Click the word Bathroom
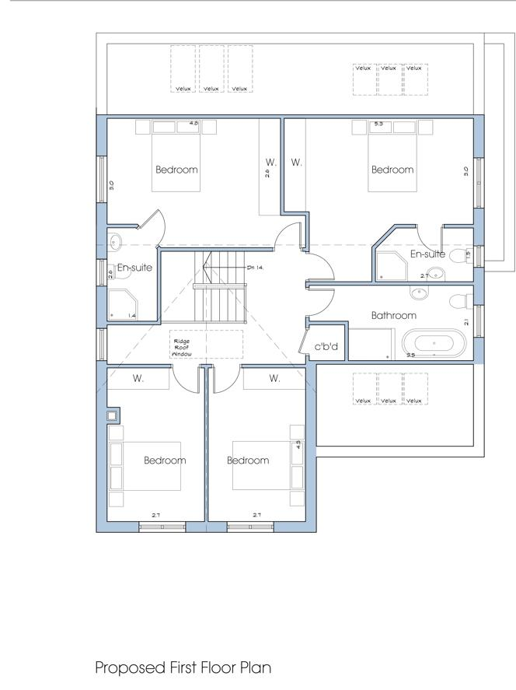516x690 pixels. click(x=393, y=315)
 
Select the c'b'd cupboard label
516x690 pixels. click(x=326, y=346)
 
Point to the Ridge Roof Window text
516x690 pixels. click(x=181, y=347)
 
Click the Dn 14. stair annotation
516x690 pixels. click(x=256, y=267)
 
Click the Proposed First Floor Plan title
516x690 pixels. click(x=183, y=667)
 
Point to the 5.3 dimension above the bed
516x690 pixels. click(x=379, y=123)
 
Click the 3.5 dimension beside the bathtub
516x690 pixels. click(x=410, y=355)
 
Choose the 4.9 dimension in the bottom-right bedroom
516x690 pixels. click(x=298, y=446)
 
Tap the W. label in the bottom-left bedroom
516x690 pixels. click(x=138, y=379)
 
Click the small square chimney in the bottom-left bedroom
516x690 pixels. click(x=113, y=415)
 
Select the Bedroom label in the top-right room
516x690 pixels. click(x=392, y=170)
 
